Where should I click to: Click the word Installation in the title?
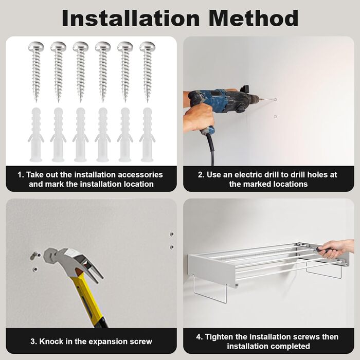click(x=131, y=19)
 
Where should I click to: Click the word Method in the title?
click(x=254, y=19)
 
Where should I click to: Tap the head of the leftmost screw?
click(x=36, y=47)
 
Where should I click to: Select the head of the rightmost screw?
click(x=148, y=47)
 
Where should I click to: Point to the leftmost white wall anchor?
click(x=36, y=135)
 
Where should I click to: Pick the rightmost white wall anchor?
click(x=147, y=135)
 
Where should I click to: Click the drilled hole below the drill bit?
click(x=275, y=117)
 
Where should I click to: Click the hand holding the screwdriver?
click(x=337, y=248)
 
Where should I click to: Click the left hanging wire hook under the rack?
click(x=210, y=291)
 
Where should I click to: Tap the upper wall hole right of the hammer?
click(x=172, y=234)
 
